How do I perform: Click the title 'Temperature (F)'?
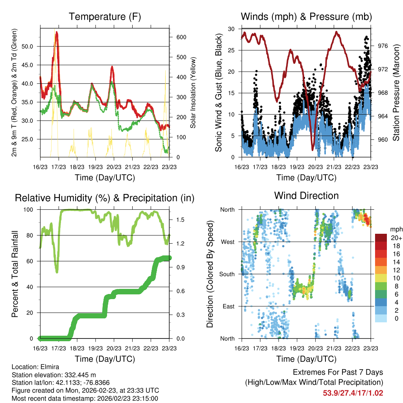(x=105, y=17)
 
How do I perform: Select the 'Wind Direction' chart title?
(x=306, y=195)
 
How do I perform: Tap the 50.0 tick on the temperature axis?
(x=30, y=46)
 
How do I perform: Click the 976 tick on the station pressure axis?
(x=383, y=46)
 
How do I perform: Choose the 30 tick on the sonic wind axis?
(x=231, y=29)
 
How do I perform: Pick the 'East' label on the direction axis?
(x=228, y=306)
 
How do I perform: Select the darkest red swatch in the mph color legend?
(x=381, y=238)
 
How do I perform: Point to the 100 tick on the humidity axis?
(x=30, y=209)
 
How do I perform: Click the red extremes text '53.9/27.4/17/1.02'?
(x=353, y=393)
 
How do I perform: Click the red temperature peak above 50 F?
(x=57, y=33)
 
